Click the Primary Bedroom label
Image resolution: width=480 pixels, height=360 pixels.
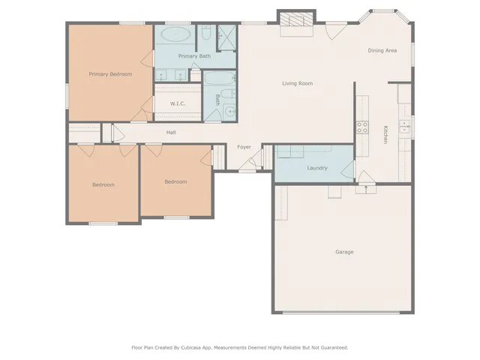coord(110,73)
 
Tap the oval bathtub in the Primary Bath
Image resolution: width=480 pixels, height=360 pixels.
coord(176,34)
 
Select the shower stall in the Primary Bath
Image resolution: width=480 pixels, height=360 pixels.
coord(226,35)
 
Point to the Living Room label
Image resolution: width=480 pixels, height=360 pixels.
coord(297,83)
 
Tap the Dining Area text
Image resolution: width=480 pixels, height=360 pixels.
coord(382,50)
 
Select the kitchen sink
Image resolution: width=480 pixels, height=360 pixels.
coord(406,127)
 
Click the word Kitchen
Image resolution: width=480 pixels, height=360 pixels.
coord(385,135)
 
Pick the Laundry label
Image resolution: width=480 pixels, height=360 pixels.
coord(316,167)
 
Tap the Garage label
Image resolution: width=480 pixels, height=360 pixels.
coord(344,251)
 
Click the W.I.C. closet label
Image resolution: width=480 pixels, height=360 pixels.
coord(178,103)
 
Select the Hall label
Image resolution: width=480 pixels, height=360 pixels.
coord(171,133)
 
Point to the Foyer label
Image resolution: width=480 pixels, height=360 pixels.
coord(244,146)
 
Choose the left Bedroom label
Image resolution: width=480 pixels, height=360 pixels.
coord(103,184)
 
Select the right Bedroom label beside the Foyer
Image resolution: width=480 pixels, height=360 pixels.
coord(175,181)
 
